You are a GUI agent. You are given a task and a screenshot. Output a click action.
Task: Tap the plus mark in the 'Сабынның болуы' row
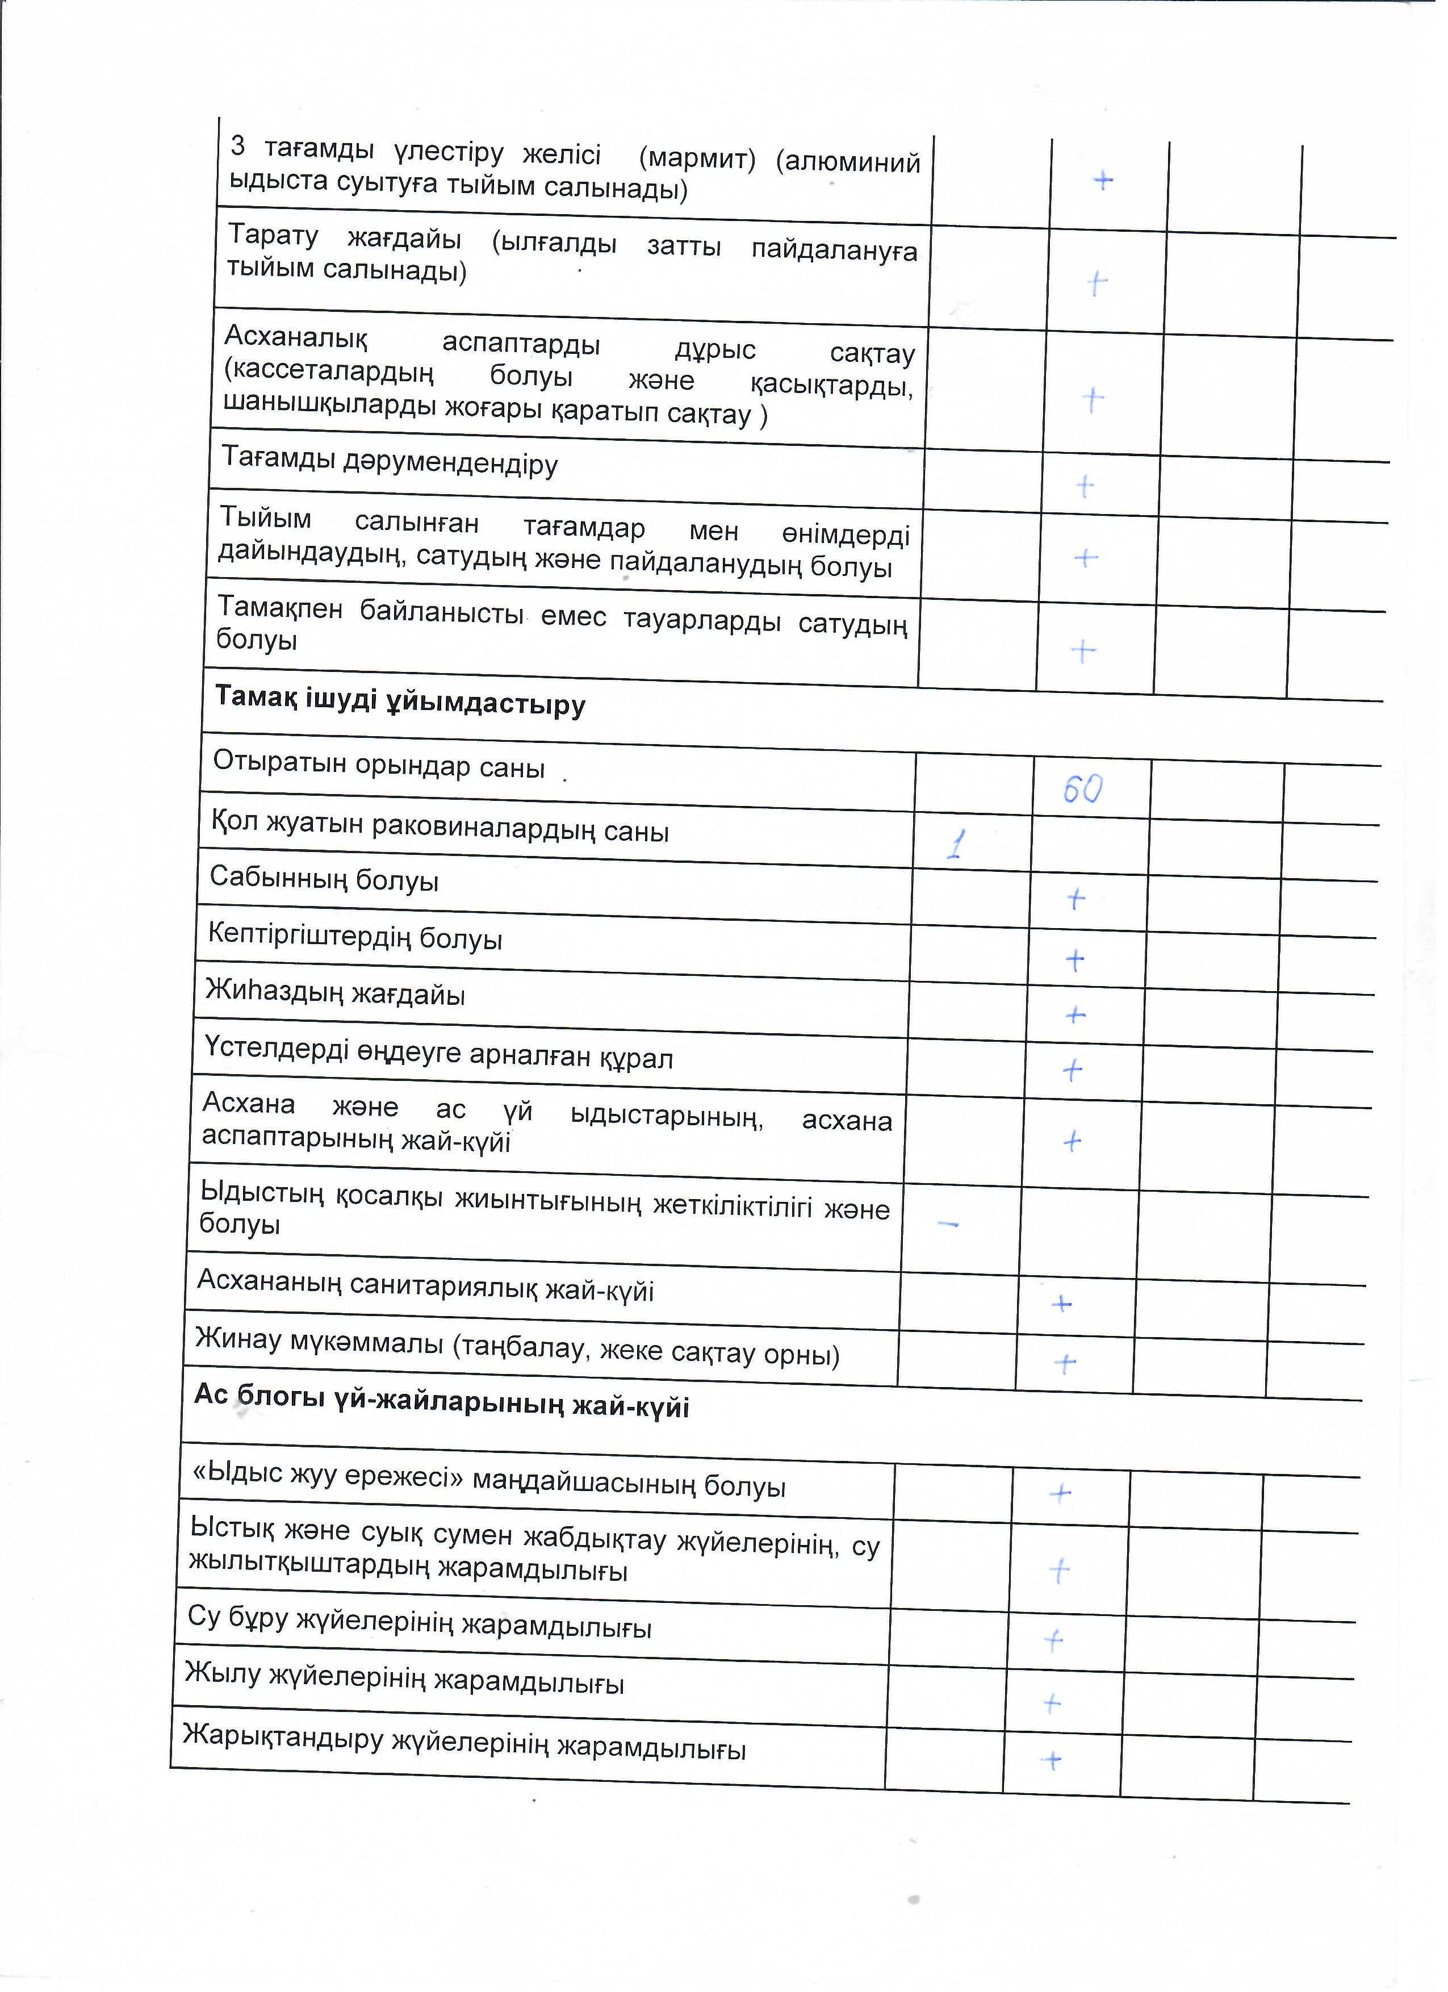coord(1075,899)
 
